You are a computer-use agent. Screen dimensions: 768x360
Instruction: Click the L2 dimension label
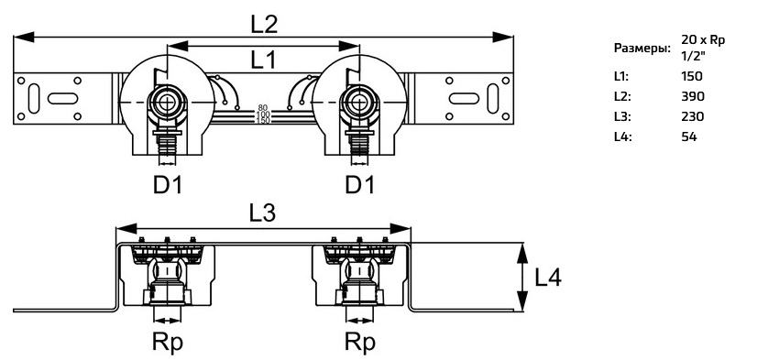coord(264,24)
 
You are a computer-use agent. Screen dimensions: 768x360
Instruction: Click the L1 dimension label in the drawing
coord(264,60)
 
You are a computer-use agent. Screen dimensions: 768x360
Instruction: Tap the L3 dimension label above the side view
coord(262,213)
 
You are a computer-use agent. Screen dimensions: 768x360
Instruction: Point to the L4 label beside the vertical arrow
coord(548,278)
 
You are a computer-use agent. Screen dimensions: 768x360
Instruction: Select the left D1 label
coord(168,185)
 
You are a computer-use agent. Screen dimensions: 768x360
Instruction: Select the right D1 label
coord(360,185)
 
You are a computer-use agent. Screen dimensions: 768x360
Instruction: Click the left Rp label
coord(167,343)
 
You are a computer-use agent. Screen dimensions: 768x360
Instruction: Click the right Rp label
coord(360,343)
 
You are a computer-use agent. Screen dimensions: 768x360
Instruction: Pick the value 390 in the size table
coord(693,96)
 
